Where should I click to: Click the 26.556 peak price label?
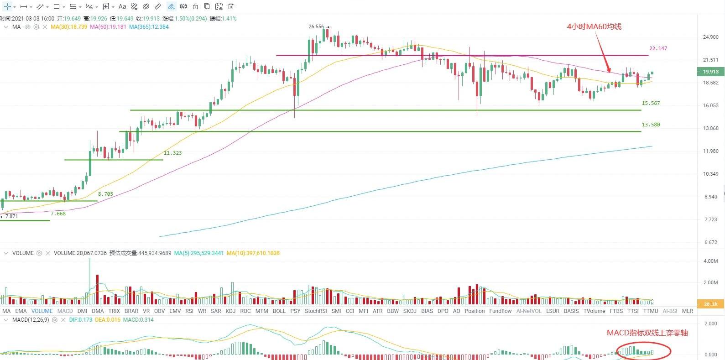point(316,26)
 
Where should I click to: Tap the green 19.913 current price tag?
point(710,72)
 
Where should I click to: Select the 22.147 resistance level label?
point(658,48)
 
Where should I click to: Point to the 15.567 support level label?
point(651,103)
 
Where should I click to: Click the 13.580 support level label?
point(651,125)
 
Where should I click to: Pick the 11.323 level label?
point(172,153)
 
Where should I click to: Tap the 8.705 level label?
point(105,194)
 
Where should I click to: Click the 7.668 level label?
point(58,214)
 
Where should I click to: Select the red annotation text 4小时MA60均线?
point(594,26)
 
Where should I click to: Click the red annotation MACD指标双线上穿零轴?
point(647,333)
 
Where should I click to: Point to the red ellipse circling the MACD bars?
point(643,351)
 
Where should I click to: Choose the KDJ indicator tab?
point(230,311)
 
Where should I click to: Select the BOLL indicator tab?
point(279,311)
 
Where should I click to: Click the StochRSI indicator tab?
point(316,311)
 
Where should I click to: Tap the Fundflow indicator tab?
point(500,311)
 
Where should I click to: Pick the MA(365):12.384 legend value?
point(149,27)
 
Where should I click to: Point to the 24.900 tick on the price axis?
point(711,37)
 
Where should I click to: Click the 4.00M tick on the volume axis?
point(711,261)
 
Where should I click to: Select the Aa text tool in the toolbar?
point(122,6)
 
